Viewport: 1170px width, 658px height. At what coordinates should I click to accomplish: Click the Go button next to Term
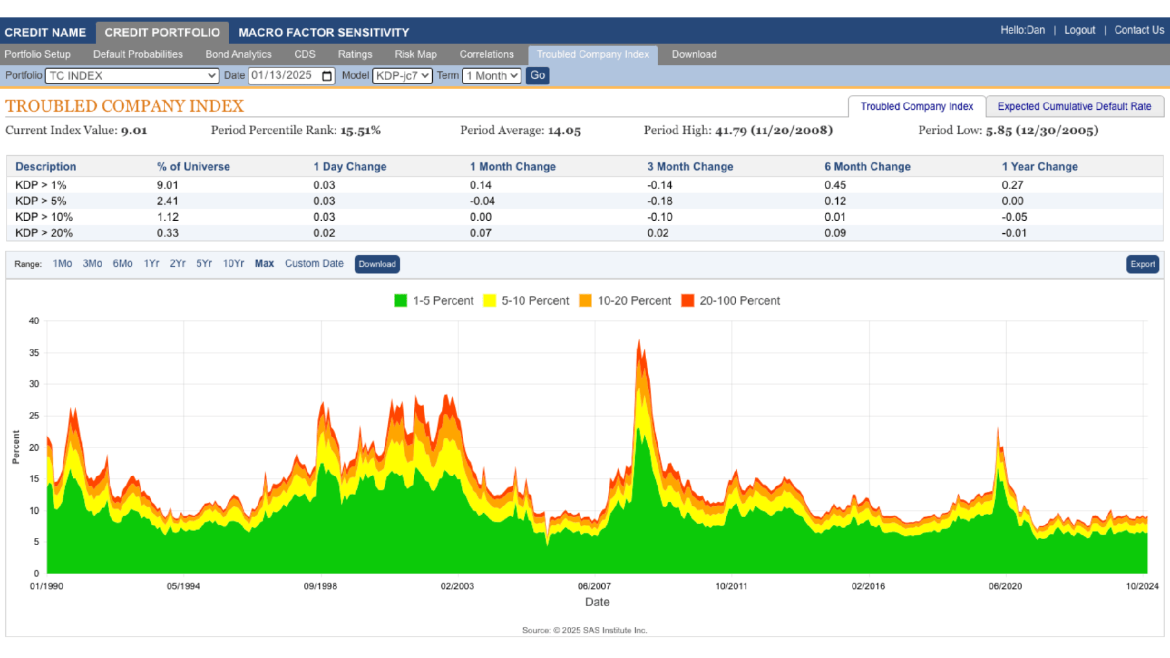538,75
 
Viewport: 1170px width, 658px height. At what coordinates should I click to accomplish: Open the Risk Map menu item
415,55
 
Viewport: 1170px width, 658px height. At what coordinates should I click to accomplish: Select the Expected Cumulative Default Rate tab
1074,107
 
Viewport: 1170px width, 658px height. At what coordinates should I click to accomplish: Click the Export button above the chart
1142,264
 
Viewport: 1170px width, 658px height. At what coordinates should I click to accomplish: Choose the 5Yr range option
204,264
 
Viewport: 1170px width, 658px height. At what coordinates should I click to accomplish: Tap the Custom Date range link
314,264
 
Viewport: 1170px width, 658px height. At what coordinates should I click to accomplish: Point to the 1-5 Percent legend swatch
400,301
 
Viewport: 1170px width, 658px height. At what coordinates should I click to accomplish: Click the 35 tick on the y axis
34,353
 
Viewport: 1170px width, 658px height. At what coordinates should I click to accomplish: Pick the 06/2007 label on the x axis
594,586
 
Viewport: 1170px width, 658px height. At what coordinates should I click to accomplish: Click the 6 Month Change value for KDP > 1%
835,185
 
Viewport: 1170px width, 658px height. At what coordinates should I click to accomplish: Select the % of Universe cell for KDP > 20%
168,233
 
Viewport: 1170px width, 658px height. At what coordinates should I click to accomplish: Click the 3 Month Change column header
690,167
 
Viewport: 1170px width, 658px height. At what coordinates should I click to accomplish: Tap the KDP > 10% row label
44,217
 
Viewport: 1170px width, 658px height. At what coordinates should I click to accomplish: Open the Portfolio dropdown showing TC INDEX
132,76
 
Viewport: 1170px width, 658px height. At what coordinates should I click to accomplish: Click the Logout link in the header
1079,31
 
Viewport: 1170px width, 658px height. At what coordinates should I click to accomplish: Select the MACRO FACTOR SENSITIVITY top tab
324,32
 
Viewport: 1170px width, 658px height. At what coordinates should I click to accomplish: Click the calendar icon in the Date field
327,76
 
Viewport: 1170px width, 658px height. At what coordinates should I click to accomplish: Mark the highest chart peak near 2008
639,340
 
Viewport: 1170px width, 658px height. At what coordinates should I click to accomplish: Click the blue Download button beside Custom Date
377,264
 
